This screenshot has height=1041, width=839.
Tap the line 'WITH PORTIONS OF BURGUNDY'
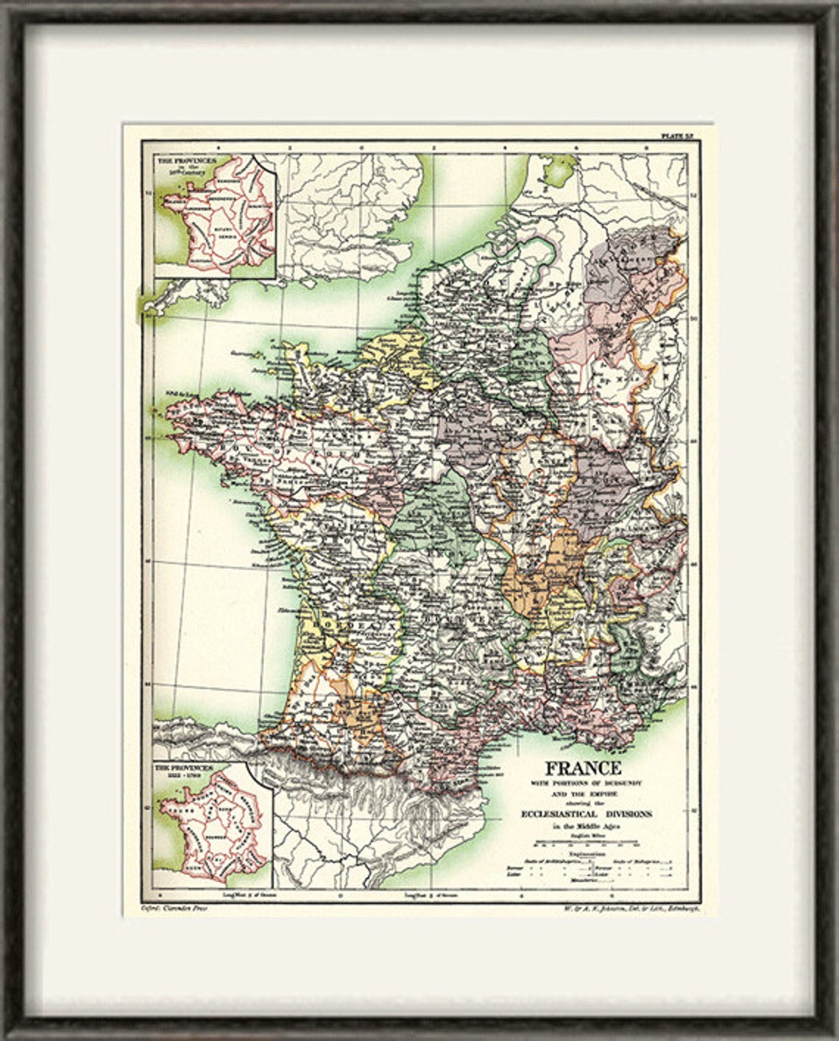[x=582, y=784]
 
